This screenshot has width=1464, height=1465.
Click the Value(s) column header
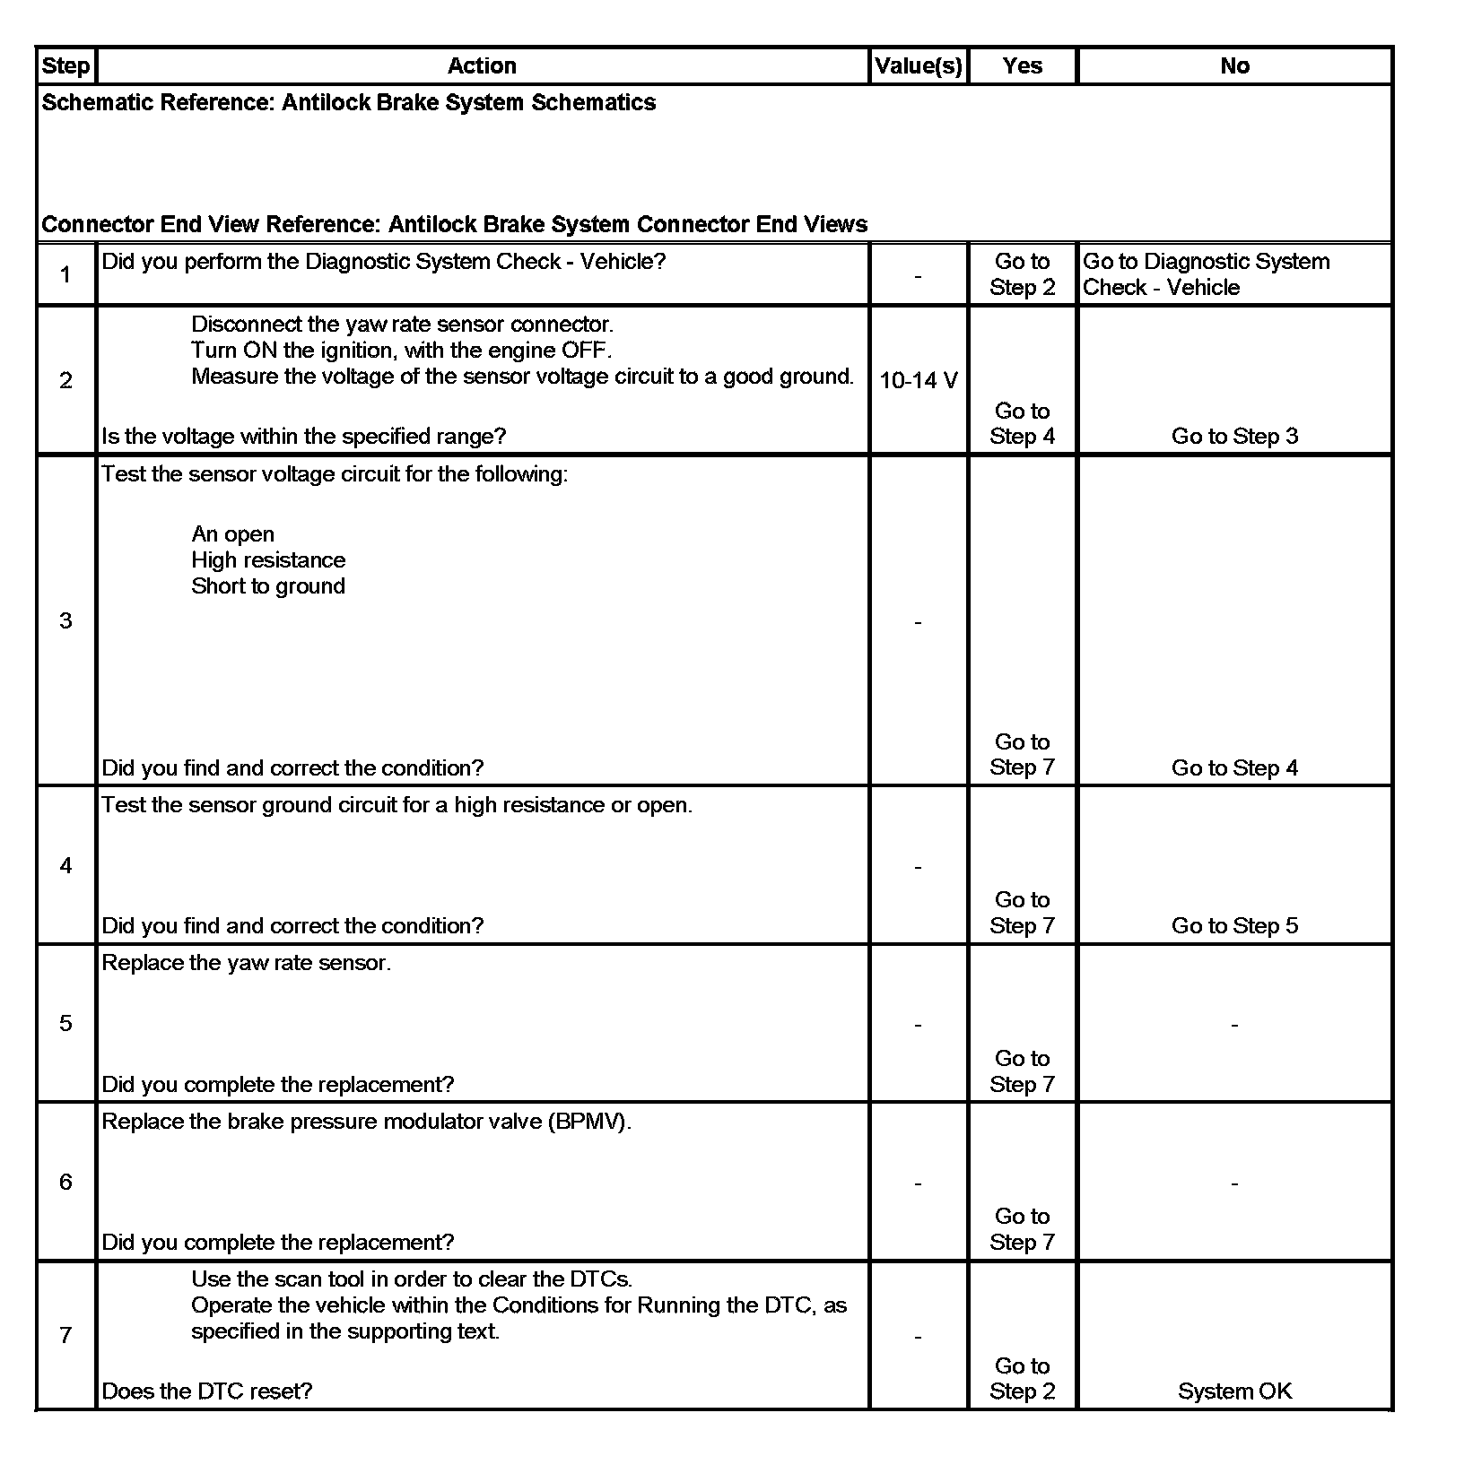click(918, 66)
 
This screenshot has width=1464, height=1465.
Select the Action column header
click(482, 66)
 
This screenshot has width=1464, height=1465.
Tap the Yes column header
click(1022, 66)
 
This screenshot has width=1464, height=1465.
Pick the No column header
click(1234, 66)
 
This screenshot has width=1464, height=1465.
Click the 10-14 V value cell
click(918, 381)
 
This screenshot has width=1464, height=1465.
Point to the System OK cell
click(1234, 1391)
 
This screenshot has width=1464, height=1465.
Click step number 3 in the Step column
click(65, 621)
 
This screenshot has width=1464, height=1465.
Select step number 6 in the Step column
click(65, 1183)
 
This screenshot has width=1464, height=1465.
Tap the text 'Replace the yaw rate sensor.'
click(247, 964)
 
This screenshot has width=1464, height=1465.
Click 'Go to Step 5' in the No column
click(1234, 926)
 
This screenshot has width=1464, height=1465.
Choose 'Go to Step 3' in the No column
click(1234, 437)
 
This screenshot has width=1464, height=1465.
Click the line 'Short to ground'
click(268, 586)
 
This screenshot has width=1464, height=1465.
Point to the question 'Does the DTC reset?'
click(207, 1391)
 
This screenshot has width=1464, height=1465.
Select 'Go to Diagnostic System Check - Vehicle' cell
click(1206, 274)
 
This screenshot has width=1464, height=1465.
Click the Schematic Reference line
click(349, 103)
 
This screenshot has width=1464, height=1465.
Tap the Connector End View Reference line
click(455, 224)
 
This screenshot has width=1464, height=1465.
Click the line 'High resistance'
click(268, 560)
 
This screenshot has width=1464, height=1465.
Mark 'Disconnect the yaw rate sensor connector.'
click(402, 325)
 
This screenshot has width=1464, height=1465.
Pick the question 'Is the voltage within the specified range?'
click(304, 437)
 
